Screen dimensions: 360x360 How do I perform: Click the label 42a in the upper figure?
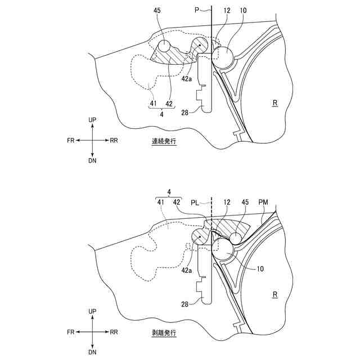click(x=187, y=79)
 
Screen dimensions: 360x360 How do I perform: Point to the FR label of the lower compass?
click(x=72, y=332)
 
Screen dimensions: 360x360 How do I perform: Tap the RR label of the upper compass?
click(x=114, y=140)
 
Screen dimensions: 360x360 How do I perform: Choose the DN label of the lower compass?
click(x=93, y=352)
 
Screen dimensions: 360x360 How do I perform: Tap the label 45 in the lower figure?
click(x=245, y=202)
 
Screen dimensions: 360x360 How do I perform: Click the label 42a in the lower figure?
click(x=187, y=271)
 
